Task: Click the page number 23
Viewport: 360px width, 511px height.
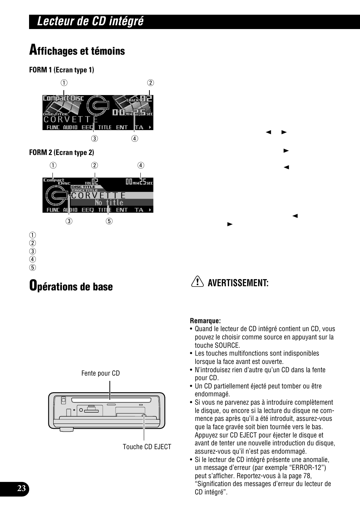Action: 21,489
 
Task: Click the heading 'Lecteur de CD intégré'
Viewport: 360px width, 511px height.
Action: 90,21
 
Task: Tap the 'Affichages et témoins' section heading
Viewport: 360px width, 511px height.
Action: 77,51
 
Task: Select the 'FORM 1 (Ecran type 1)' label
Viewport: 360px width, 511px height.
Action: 62,70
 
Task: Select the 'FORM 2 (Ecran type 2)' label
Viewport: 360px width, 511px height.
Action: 62,152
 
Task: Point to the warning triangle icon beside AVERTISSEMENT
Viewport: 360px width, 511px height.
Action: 196,282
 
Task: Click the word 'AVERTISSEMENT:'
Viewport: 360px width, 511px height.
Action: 238,283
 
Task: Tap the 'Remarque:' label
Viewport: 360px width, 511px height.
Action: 205,321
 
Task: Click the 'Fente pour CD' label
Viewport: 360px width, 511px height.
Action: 100,373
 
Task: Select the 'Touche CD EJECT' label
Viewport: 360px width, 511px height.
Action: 147,447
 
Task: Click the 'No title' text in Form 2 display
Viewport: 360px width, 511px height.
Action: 109,203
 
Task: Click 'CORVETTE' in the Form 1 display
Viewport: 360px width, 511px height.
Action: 71,119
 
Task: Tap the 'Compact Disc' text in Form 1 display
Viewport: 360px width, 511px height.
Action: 63,98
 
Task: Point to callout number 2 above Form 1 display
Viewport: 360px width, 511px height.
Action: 150,83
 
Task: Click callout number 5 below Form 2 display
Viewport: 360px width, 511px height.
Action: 109,221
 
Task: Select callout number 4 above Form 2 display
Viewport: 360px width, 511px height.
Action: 140,165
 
